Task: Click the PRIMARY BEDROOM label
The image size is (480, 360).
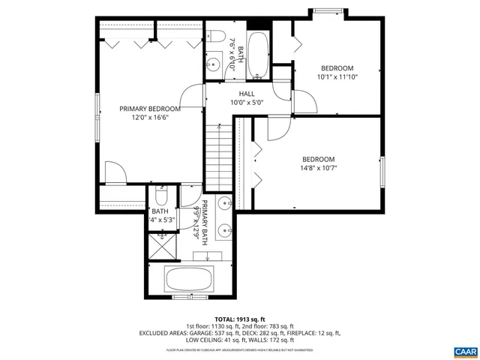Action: (x=149, y=108)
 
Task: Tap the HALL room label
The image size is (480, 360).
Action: (x=247, y=94)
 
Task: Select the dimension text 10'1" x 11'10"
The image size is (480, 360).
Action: (x=337, y=76)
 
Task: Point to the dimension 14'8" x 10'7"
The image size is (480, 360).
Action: (x=319, y=168)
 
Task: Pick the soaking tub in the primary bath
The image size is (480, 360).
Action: (x=189, y=280)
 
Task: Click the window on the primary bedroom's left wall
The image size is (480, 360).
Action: (x=97, y=117)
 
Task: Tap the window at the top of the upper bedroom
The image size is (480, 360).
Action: (x=328, y=11)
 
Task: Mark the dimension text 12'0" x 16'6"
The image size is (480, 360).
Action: (x=149, y=117)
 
